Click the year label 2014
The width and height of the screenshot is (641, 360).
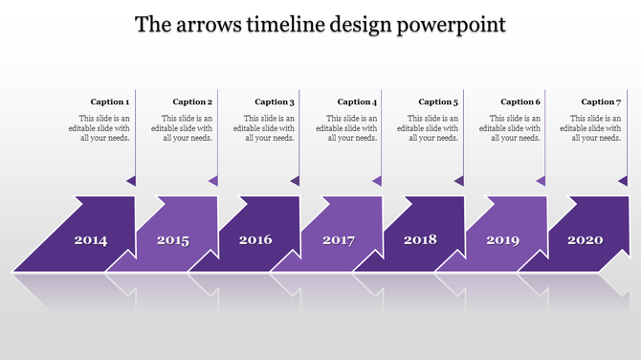(x=91, y=240)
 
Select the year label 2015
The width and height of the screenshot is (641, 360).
(x=173, y=240)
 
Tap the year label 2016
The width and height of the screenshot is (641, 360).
(x=255, y=240)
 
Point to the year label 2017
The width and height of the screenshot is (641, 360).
(x=339, y=240)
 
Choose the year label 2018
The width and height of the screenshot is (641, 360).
(x=420, y=240)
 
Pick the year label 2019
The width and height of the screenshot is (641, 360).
(x=502, y=240)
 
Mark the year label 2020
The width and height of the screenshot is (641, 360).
(x=585, y=240)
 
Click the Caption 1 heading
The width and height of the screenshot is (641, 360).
(x=110, y=101)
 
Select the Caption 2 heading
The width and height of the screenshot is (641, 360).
(x=192, y=101)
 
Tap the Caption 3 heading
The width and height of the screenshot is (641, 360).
(x=275, y=101)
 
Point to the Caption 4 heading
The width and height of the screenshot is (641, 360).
(x=357, y=101)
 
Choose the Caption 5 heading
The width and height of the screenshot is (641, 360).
(x=438, y=101)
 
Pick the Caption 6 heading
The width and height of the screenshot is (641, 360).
(x=520, y=101)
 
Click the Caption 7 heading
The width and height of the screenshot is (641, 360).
(x=602, y=101)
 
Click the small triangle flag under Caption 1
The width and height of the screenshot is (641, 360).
(x=131, y=180)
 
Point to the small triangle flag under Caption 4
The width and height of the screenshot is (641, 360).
(x=378, y=180)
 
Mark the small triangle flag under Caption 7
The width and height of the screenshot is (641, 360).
(x=623, y=180)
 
